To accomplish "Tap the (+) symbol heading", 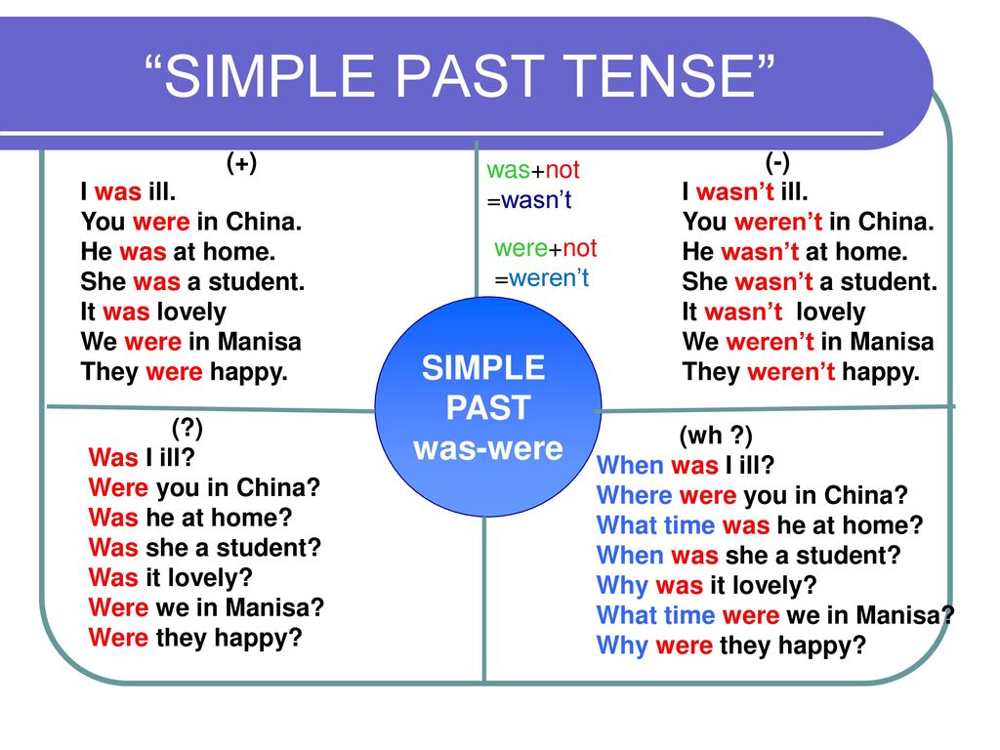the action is pos(242,163).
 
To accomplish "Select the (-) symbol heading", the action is pos(776,163).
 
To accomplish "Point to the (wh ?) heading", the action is pos(716,436).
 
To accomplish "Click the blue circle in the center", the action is pos(488,407).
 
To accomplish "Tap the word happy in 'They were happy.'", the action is pos(249,372).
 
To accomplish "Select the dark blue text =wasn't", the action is pos(529,200).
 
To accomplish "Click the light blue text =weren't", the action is pos(541,278).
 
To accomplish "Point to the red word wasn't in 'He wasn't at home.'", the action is pos(760,252).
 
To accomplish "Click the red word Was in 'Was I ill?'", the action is pos(113,457).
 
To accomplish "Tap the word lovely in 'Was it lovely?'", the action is pos(206,578).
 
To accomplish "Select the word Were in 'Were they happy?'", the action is pos(118,638).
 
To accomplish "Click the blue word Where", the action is pos(635,495).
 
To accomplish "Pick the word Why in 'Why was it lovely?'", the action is pos(622,586).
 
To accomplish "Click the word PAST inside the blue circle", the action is pos(488,407).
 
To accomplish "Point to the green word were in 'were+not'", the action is pos(521,248).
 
